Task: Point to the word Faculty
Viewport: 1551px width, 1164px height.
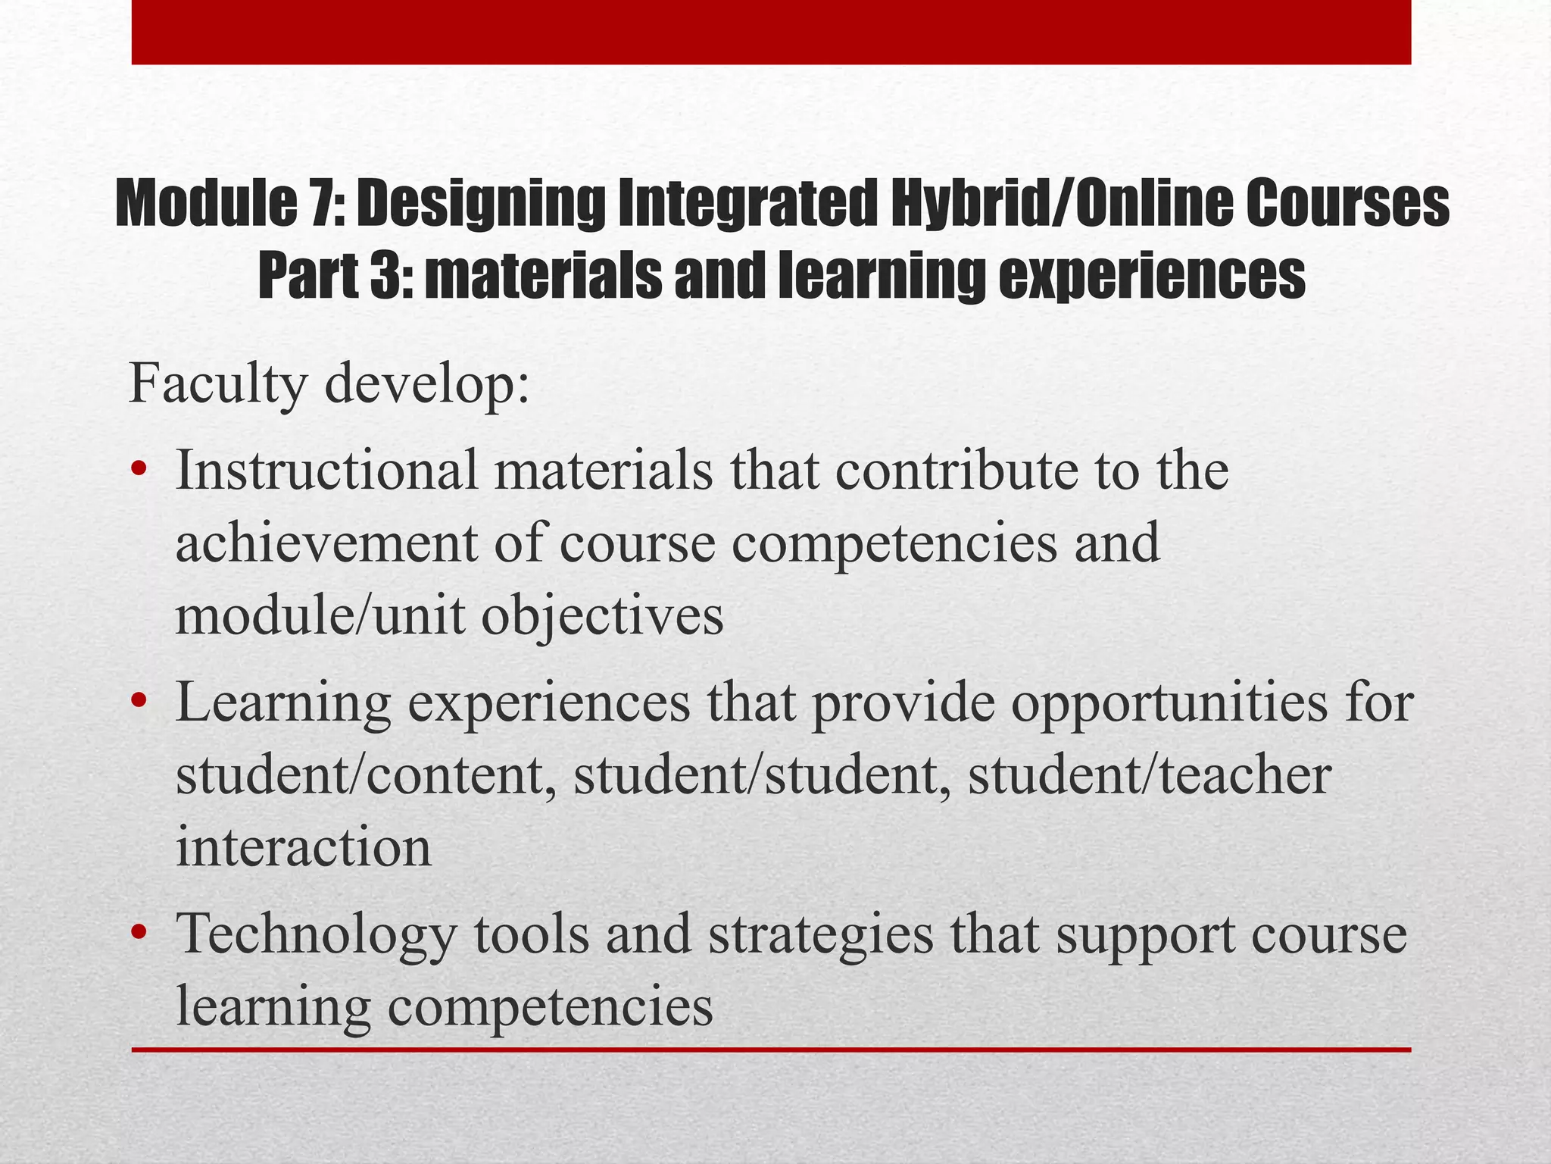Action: click(x=218, y=385)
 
